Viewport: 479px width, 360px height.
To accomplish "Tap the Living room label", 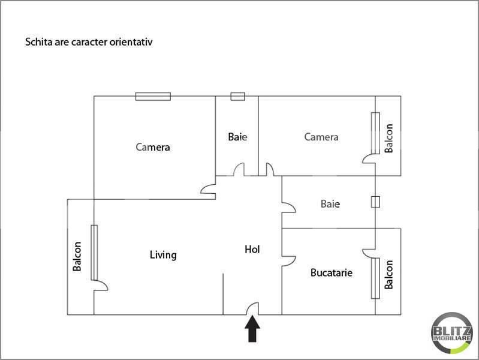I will [163, 255].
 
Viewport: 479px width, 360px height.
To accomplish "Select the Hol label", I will [252, 249].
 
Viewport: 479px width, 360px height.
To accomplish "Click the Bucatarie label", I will [331, 273].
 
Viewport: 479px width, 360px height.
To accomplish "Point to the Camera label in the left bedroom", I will [153, 147].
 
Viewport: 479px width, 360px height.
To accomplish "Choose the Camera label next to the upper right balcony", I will [321, 137].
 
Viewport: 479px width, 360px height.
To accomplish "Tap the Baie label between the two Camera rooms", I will [237, 137].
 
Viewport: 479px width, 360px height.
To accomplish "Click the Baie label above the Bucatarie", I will [330, 204].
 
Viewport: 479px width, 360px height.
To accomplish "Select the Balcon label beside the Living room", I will [77, 256].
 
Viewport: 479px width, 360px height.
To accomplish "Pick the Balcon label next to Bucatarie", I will [389, 274].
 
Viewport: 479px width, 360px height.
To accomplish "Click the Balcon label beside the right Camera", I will [389, 139].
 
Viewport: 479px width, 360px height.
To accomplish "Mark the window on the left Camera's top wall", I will [153, 96].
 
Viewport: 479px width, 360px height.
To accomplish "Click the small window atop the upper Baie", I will [237, 95].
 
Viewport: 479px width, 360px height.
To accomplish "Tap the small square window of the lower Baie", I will [375, 202].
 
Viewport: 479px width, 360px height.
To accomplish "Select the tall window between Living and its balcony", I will [94, 252].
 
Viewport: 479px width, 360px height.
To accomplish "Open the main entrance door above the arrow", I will [253, 308].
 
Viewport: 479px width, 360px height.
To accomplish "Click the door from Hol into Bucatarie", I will [288, 260].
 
